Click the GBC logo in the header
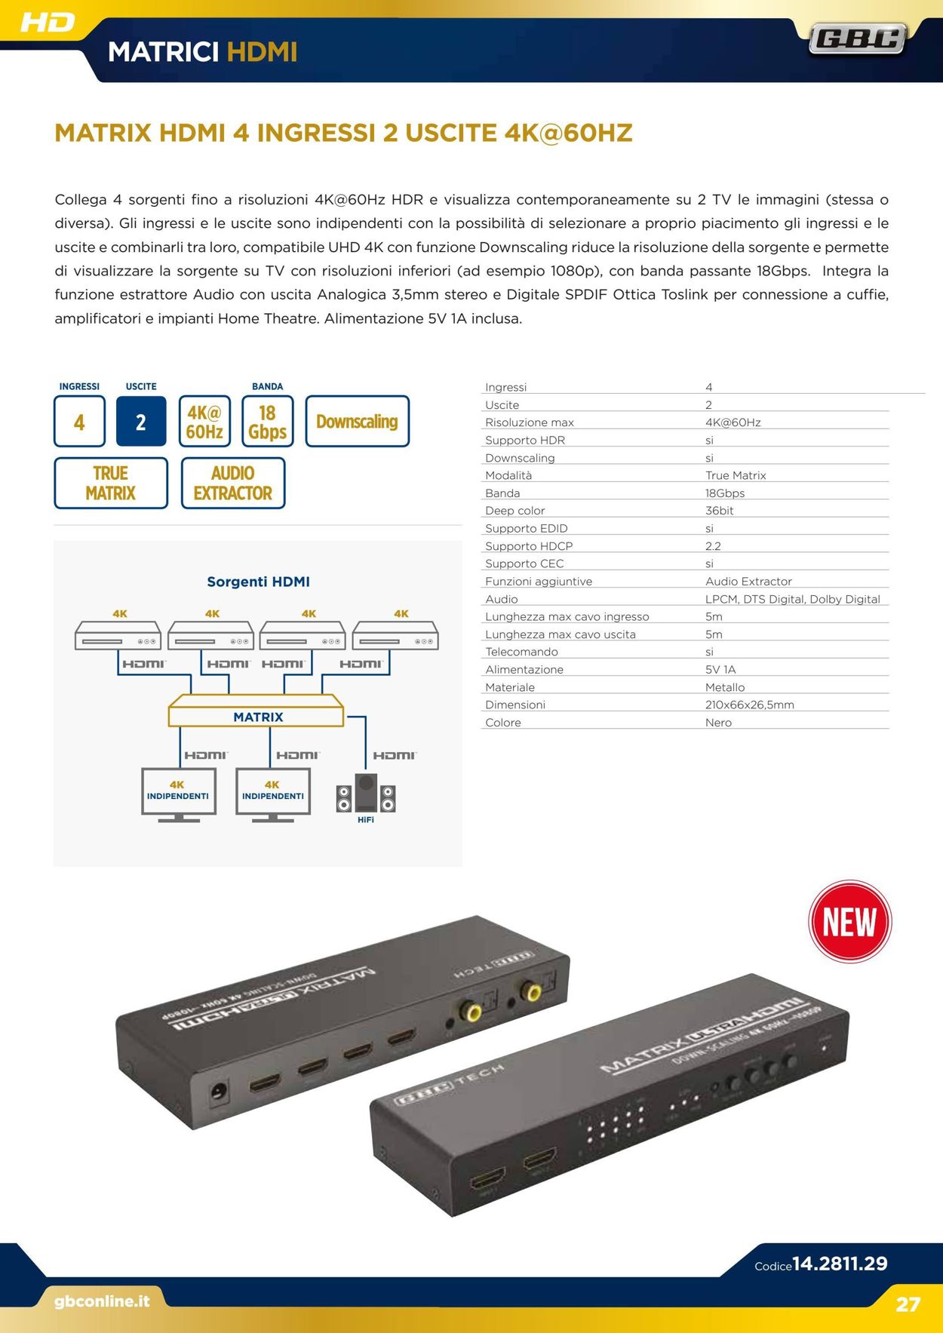point(858,38)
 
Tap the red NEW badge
point(849,921)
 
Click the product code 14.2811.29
point(840,1264)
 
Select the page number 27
point(908,1304)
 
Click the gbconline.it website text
point(102,1301)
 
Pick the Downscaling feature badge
point(357,422)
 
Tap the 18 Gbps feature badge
point(267,422)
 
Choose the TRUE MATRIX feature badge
point(111,483)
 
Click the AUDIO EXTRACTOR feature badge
point(233,483)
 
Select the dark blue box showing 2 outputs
point(141,422)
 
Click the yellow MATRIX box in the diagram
point(256,711)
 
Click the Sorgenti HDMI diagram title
point(258,582)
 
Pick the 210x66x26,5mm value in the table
point(750,705)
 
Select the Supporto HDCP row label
point(529,546)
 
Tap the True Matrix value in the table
point(736,475)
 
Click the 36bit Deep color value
point(720,511)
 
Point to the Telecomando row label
point(521,652)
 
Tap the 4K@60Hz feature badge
point(204,422)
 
